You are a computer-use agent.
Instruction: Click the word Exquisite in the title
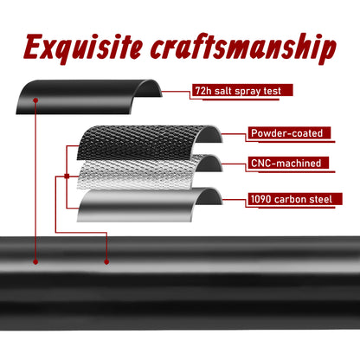tap(83, 48)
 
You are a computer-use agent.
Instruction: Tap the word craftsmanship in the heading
tap(243, 48)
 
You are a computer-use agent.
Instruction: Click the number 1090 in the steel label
tap(261, 199)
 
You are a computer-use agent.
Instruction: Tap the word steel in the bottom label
tap(320, 199)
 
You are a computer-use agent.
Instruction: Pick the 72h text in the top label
tap(203, 91)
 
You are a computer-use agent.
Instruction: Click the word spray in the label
tap(247, 92)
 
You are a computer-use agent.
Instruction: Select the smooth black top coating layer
tap(89, 97)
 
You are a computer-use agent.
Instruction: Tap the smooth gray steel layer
tap(138, 205)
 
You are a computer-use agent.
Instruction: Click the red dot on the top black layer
tap(35, 100)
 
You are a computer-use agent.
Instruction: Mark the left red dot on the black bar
tap(35, 262)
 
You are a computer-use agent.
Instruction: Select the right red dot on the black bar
tap(106, 262)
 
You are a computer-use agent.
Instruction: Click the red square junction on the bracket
tap(67, 176)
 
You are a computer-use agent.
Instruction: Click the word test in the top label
tap(272, 91)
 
